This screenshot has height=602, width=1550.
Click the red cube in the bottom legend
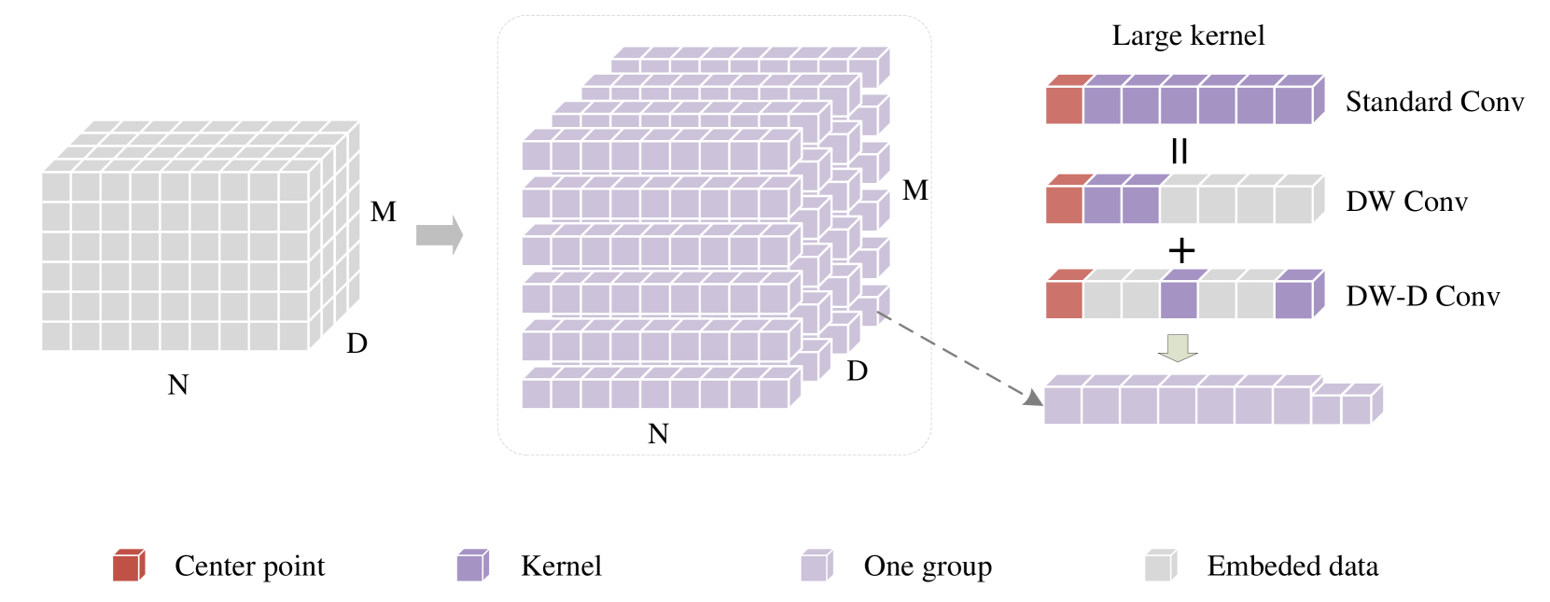(x=126, y=567)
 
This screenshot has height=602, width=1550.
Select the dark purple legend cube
(x=469, y=567)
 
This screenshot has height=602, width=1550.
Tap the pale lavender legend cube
(x=814, y=567)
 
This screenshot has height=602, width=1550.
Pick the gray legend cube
(x=1158, y=567)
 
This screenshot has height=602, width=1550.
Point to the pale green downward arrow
(x=1178, y=347)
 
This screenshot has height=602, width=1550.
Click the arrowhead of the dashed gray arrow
(x=1032, y=398)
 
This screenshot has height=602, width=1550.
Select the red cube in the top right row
(x=1064, y=105)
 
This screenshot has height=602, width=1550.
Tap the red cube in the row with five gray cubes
(x=1064, y=205)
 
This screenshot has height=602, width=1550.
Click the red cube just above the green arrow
(x=1064, y=301)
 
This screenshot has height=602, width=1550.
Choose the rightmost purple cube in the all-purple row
(x=1293, y=105)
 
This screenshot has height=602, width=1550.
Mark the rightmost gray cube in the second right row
(x=1293, y=205)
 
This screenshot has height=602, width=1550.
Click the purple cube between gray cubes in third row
(x=1179, y=301)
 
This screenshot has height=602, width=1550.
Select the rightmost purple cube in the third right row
(x=1293, y=301)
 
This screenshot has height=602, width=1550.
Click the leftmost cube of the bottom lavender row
(x=1062, y=406)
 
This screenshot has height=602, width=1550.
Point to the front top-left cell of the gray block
(x=56, y=187)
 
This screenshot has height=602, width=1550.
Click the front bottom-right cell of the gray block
(x=294, y=336)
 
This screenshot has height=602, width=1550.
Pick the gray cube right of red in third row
(x=1102, y=301)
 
